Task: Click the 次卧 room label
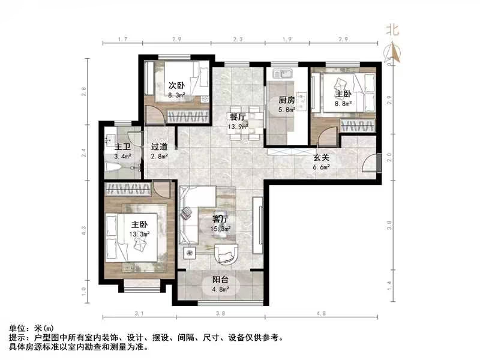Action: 176,85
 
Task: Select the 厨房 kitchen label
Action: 286,101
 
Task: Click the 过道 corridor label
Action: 159,146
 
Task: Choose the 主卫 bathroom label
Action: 123,146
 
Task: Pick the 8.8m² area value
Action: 343,103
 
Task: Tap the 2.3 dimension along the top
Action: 238,40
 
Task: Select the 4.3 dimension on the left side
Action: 84,230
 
